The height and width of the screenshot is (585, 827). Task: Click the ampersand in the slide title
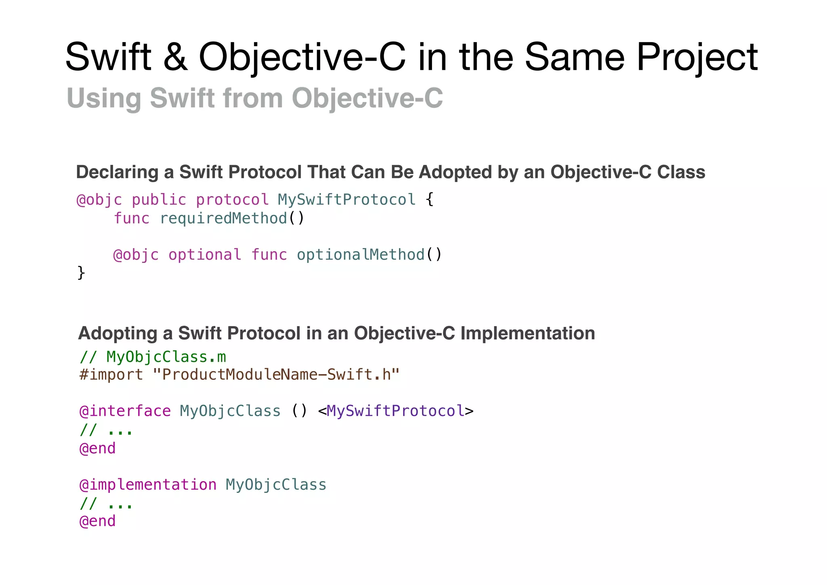(175, 57)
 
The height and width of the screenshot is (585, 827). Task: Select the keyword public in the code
(159, 200)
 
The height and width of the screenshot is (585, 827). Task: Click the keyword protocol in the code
(232, 200)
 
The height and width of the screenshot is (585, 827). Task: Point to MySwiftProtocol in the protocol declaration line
(346, 200)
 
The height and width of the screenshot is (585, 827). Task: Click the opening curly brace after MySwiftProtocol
(430, 199)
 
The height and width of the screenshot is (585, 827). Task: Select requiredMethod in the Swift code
(223, 218)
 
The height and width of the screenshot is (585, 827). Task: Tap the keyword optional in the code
(205, 255)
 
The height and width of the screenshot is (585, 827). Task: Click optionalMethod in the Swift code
(361, 255)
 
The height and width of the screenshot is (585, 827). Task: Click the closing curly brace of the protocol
(81, 273)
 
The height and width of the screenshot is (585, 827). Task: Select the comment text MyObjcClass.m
(166, 357)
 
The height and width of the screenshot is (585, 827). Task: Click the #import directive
(111, 375)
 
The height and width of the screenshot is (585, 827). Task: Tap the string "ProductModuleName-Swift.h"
(276, 375)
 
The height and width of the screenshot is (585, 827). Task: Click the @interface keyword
(125, 411)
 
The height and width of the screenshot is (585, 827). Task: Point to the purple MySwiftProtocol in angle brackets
(395, 411)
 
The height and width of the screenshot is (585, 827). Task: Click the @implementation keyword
(148, 484)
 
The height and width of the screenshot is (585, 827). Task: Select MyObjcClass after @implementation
(276, 484)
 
